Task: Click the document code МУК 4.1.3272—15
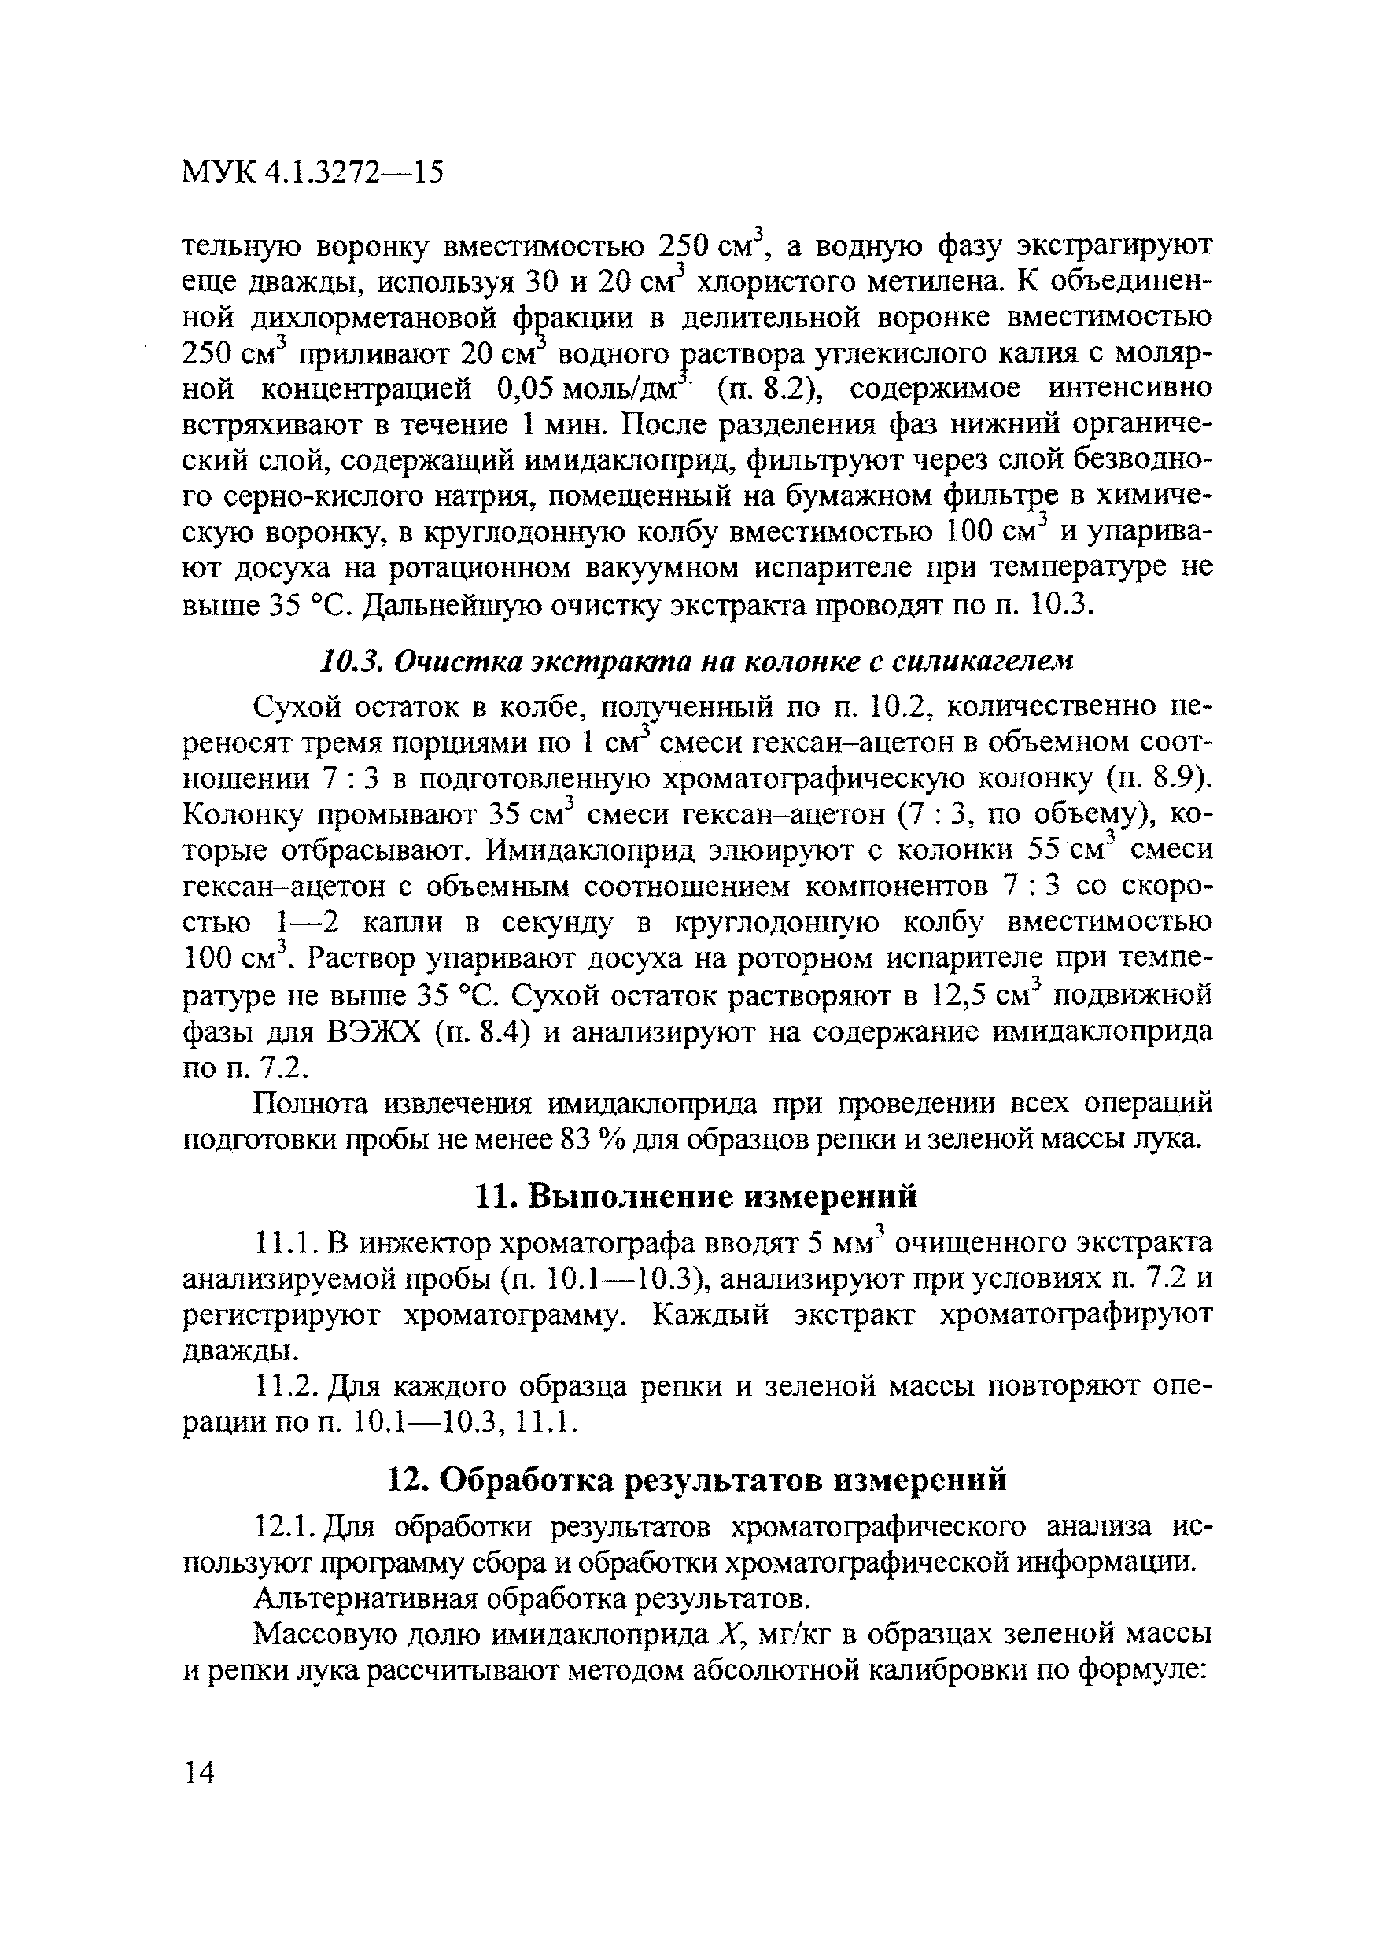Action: click(313, 173)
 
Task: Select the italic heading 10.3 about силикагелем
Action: click(697, 662)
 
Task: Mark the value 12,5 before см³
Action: click(960, 995)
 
